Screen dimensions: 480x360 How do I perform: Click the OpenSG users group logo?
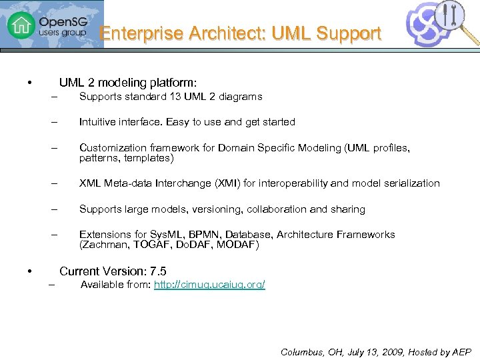pos(51,25)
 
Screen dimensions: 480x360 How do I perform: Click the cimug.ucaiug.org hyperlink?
pos(209,285)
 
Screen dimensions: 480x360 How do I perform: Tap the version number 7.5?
pos(159,271)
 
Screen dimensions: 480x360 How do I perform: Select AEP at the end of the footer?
pos(461,352)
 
